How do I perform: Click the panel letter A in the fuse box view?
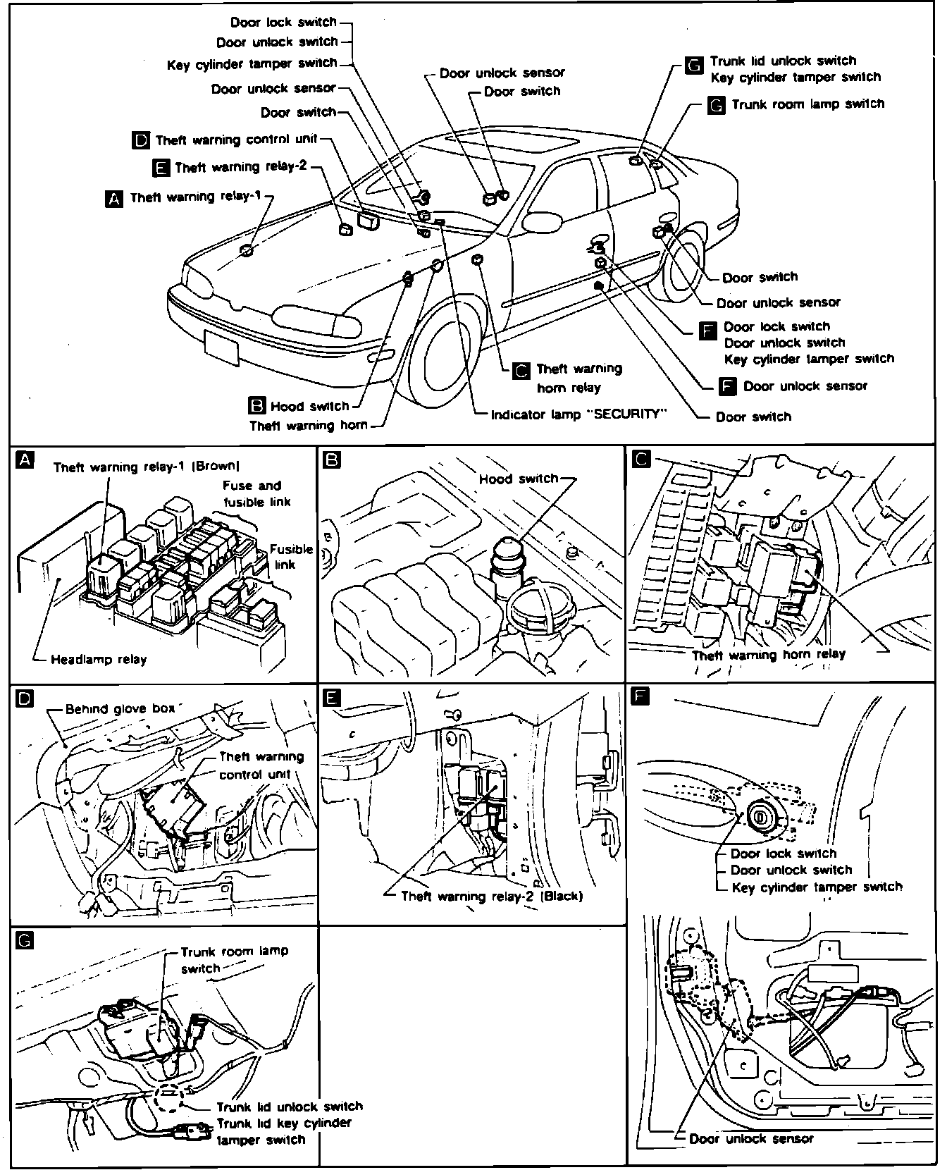(x=24, y=460)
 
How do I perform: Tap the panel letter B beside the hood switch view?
(x=330, y=460)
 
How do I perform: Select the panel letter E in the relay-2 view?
(x=330, y=698)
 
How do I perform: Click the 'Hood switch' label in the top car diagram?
(x=309, y=406)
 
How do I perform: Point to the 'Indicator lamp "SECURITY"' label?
(x=578, y=414)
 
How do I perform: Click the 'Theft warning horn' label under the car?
(x=309, y=425)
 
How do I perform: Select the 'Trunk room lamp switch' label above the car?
(x=807, y=104)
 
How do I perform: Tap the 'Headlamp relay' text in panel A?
(x=99, y=660)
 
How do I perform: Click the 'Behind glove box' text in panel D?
(x=119, y=708)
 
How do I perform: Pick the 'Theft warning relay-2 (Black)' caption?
(x=491, y=896)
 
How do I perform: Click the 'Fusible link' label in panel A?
(x=291, y=557)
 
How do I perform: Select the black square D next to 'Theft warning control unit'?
(x=140, y=140)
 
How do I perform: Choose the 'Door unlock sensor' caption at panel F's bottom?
(x=750, y=1138)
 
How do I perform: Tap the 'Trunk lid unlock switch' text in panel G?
(x=289, y=1106)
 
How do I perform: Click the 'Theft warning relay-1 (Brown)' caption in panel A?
(x=146, y=466)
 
